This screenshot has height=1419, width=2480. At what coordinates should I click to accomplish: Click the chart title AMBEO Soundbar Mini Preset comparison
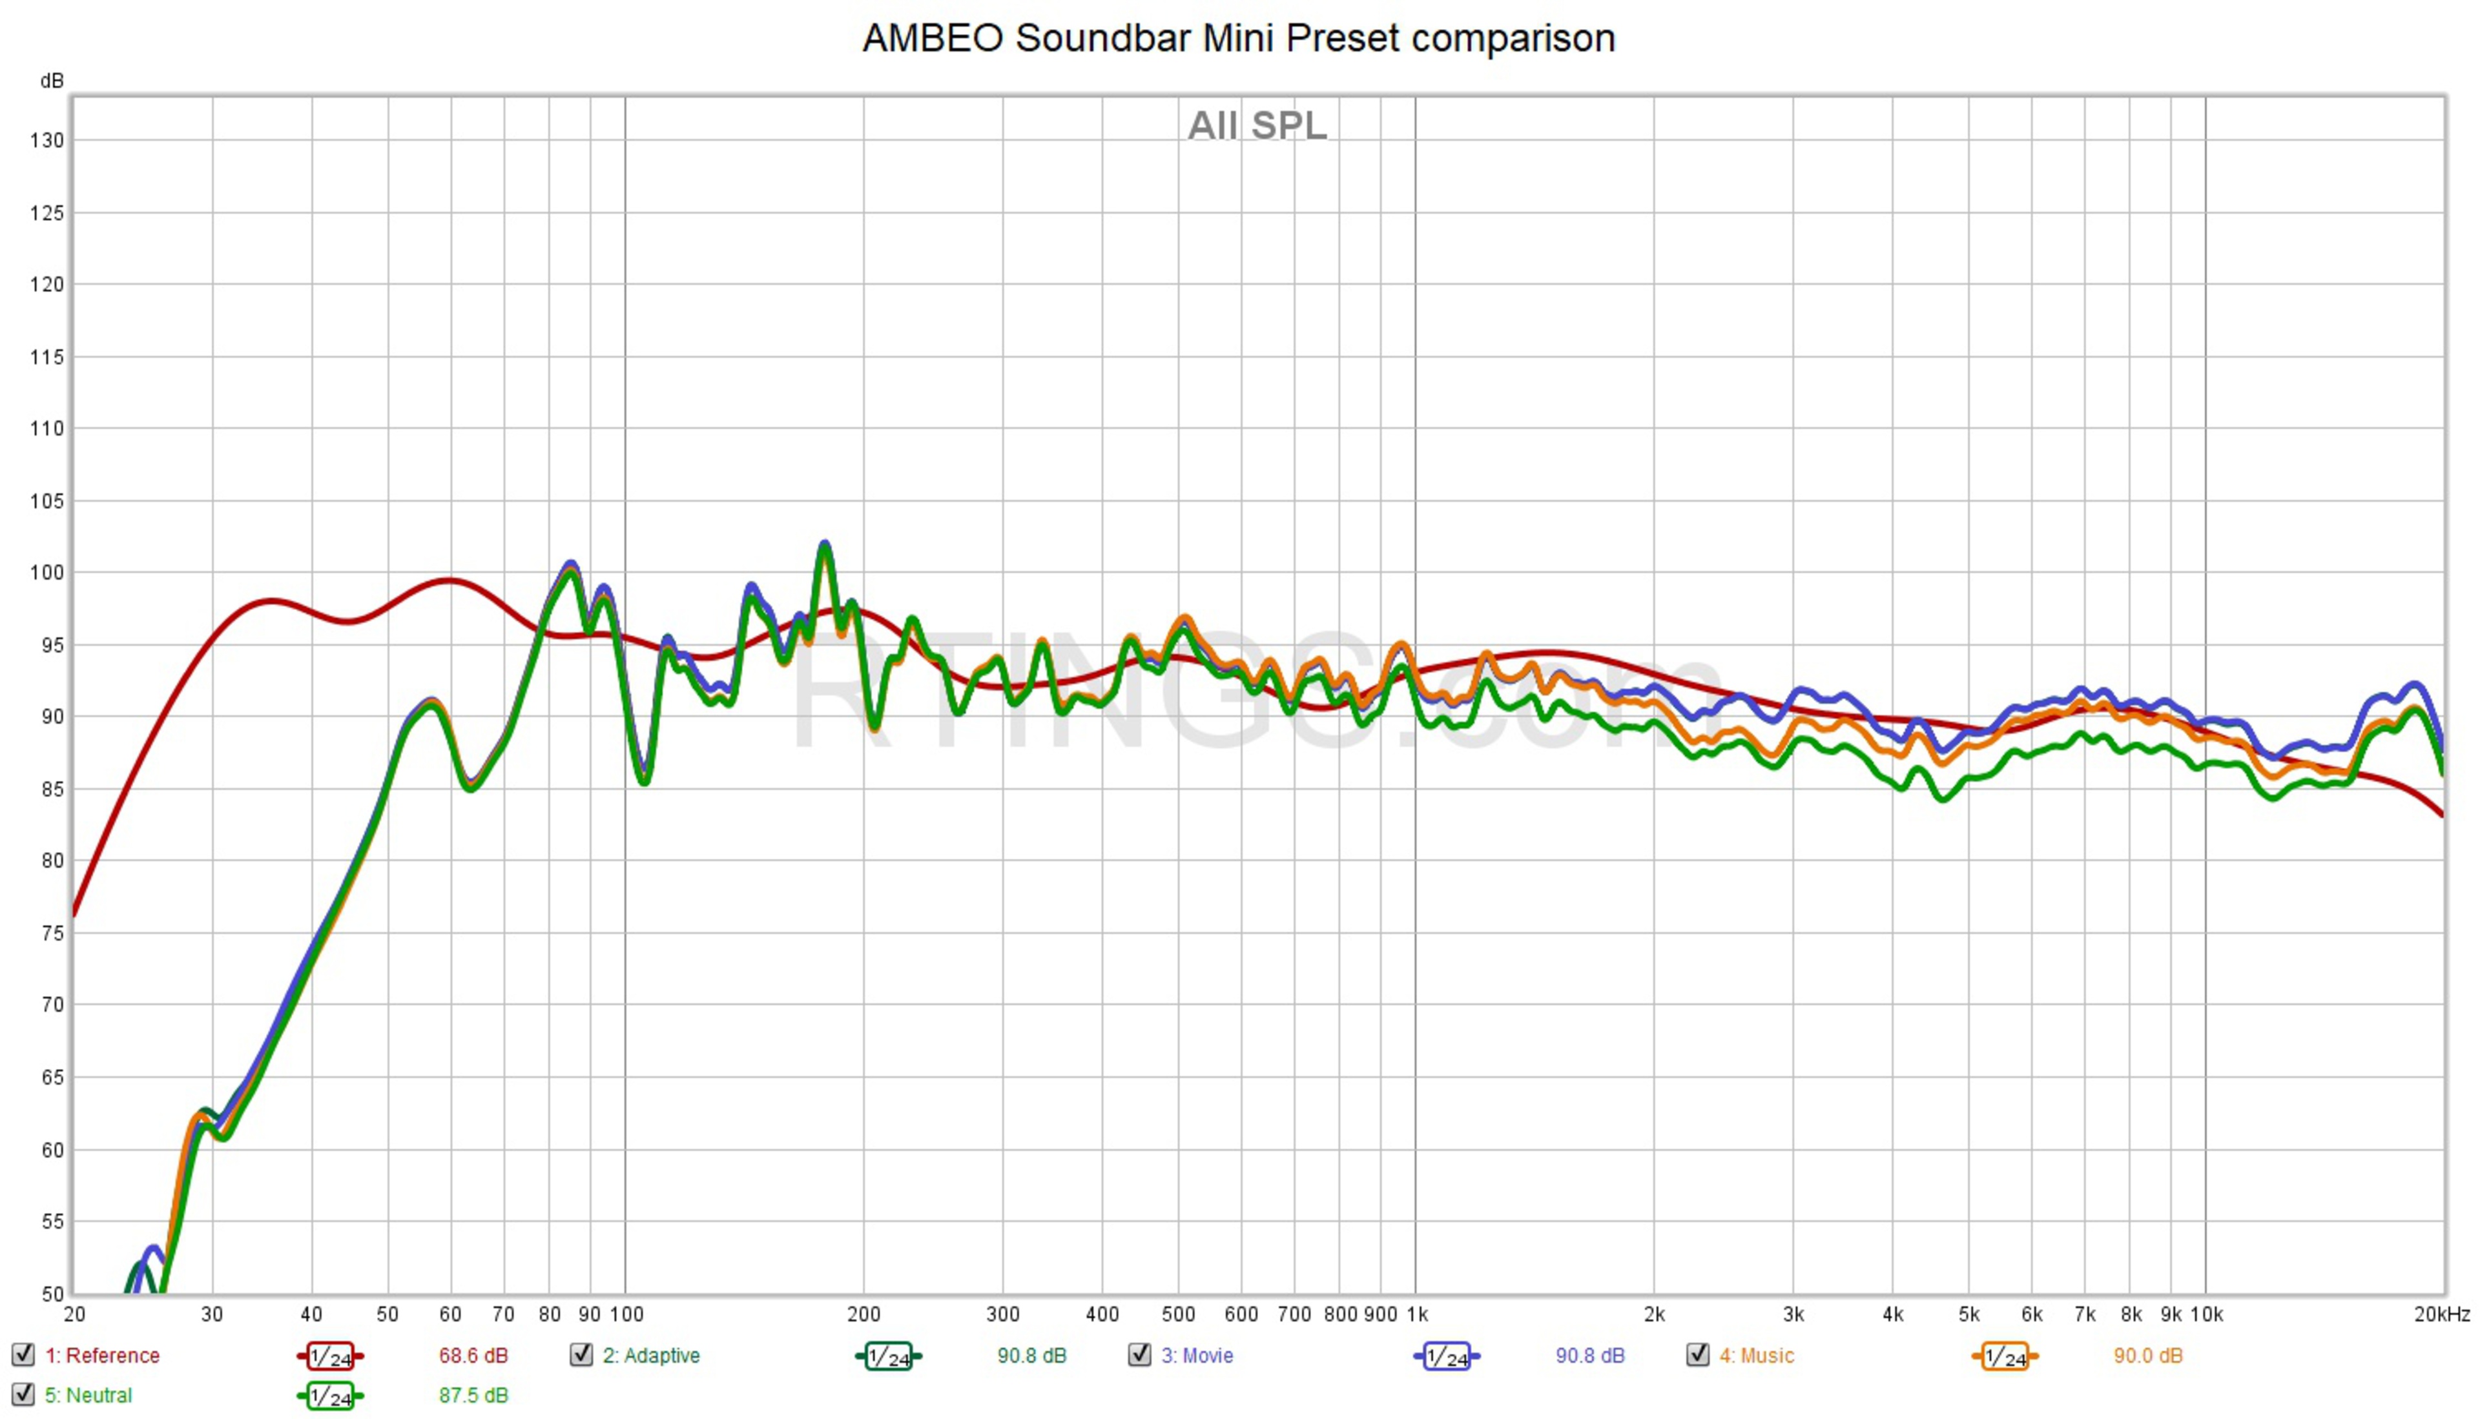pyautogui.click(x=1238, y=39)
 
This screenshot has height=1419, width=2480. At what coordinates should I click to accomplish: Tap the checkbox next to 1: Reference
pyautogui.click(x=23, y=1354)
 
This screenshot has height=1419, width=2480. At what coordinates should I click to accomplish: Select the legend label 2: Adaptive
pyautogui.click(x=651, y=1356)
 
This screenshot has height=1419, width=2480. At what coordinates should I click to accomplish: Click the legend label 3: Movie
pyautogui.click(x=1197, y=1356)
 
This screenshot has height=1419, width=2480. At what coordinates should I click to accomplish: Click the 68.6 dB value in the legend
pyautogui.click(x=473, y=1356)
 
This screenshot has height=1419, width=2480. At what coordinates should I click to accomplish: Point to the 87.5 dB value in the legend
pyautogui.click(x=473, y=1396)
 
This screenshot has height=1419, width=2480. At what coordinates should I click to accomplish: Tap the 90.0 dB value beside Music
pyautogui.click(x=2147, y=1356)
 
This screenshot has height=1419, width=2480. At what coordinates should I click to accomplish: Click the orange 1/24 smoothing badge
pyautogui.click(x=2004, y=1356)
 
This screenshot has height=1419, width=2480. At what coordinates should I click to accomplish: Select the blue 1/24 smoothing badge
pyautogui.click(x=1445, y=1356)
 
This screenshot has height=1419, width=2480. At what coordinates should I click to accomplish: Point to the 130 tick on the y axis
pyautogui.click(x=46, y=140)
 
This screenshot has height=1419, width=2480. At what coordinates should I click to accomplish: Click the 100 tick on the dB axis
pyautogui.click(x=46, y=573)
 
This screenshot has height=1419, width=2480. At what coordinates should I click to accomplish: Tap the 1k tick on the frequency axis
pyautogui.click(x=1416, y=1314)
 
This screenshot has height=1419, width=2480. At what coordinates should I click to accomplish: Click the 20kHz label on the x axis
pyautogui.click(x=2441, y=1314)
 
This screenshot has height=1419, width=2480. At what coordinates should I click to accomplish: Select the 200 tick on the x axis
pyautogui.click(x=863, y=1314)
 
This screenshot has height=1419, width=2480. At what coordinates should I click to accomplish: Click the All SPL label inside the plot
pyautogui.click(x=1257, y=126)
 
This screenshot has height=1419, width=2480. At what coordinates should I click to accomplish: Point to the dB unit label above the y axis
pyautogui.click(x=52, y=81)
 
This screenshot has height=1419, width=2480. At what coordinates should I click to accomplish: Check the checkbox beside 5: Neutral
pyautogui.click(x=23, y=1394)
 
